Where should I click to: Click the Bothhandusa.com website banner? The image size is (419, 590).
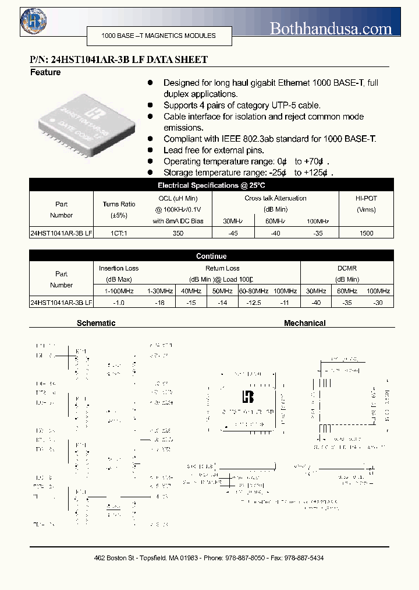pos(331,27)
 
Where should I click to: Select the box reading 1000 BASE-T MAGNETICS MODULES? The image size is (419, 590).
pos(159,36)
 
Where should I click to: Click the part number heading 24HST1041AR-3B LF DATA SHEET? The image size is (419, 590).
pos(119,59)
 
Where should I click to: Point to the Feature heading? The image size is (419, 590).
pos(45,72)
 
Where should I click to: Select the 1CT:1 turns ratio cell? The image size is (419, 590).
pos(119,233)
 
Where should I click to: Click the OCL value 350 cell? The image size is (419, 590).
pos(178,233)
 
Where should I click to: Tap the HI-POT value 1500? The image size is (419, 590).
pos(366,233)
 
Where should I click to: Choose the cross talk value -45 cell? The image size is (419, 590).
pos(233,233)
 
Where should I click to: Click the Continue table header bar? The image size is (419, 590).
pos(211,256)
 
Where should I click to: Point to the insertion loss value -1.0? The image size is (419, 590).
pos(119,302)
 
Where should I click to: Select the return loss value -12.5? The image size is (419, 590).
pos(253,302)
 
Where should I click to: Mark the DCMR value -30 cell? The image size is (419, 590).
pos(378,302)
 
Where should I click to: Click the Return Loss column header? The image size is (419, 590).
pos(222,268)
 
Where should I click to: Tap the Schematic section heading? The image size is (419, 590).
pos(96,323)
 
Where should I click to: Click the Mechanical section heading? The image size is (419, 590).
pos(304,323)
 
